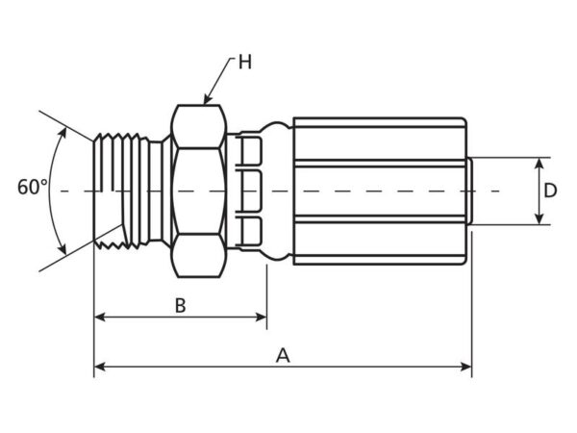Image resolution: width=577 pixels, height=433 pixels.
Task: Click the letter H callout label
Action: pyautogui.click(x=245, y=62)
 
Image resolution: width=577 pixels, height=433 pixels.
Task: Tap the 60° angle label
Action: pyautogui.click(x=33, y=187)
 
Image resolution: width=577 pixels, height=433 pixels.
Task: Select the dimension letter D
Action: pyautogui.click(x=550, y=191)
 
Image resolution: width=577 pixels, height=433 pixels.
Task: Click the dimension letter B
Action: pyautogui.click(x=181, y=306)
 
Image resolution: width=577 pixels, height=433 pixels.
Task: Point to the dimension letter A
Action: pyautogui.click(x=283, y=356)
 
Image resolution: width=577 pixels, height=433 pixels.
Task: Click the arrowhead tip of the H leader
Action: pyautogui.click(x=205, y=104)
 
